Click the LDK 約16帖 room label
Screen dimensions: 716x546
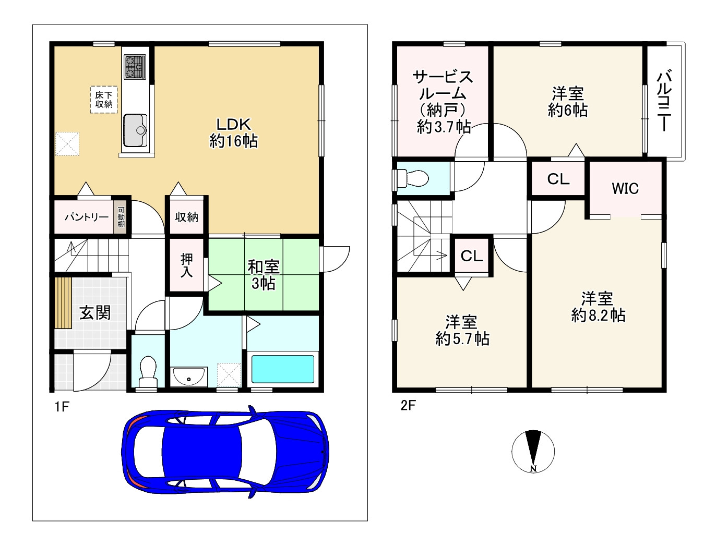[233, 133]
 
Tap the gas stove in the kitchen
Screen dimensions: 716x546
[135, 67]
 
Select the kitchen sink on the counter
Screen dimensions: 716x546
[135, 130]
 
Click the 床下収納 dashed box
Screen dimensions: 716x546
[104, 100]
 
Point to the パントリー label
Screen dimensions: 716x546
[86, 217]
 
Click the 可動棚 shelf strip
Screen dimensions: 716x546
[121, 217]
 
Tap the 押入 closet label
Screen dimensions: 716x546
[187, 265]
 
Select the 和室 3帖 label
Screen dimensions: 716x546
[263, 275]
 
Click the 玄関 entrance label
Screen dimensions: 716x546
[96, 312]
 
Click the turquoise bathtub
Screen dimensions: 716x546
[283, 369]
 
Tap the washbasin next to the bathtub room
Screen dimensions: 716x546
[189, 377]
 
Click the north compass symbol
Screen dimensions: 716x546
[533, 452]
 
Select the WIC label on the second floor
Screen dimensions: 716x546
[625, 188]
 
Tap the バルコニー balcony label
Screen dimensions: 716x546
[664, 101]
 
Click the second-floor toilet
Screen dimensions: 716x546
[412, 178]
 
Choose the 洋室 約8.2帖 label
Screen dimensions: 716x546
[598, 307]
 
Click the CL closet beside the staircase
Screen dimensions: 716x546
[472, 256]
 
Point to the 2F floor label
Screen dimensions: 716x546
[408, 405]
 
